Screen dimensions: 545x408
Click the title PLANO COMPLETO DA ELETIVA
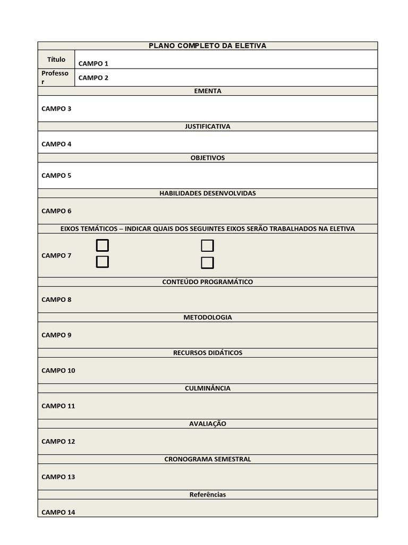[207, 46]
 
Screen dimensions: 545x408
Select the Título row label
[56, 60]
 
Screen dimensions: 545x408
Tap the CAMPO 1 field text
[93, 64]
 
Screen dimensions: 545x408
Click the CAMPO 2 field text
[93, 78]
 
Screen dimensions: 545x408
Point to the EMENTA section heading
[207, 91]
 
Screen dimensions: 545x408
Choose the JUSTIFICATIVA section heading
[207, 127]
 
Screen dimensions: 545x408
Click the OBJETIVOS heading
[207, 158]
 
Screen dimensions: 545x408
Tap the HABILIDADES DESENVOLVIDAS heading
[207, 193]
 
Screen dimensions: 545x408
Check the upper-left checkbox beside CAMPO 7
[103, 245]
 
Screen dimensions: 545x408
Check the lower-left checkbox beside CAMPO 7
[103, 262]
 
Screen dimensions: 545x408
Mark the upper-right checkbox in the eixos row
[207, 245]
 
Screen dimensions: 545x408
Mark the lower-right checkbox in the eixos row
[207, 262]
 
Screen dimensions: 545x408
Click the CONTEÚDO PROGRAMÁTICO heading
[207, 282]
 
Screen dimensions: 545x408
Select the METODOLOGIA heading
[207, 317]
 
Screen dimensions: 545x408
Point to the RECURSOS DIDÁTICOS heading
[207, 353]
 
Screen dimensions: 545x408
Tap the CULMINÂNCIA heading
[207, 389]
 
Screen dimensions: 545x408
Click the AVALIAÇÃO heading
[207, 424]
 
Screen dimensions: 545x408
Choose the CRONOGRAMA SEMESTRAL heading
[207, 459]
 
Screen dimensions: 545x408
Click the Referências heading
[207, 495]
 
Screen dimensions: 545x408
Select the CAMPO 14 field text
[58, 513]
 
